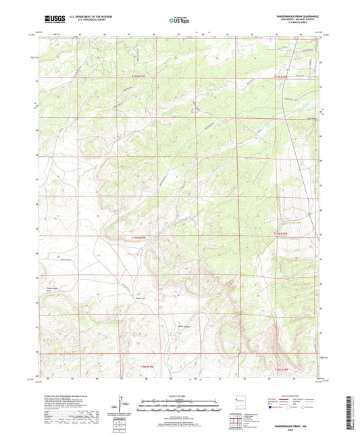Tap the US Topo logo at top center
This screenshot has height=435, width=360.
tap(180, 20)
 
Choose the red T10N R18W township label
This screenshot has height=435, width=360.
tap(282, 369)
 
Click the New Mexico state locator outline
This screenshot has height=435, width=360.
tap(237, 398)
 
